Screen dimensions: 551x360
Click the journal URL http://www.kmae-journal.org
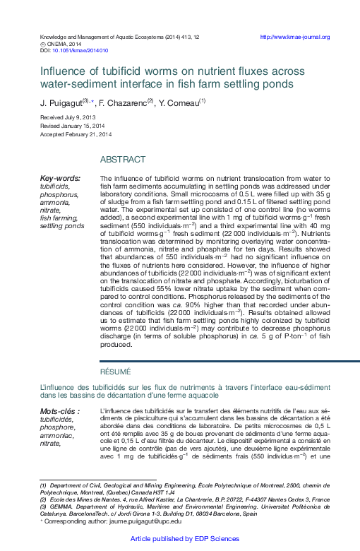[294, 37]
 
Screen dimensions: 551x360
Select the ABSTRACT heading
[123, 160]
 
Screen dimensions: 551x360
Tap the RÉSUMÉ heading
[115, 372]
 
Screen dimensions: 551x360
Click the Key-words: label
[60, 179]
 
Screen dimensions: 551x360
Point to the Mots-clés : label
[59, 411]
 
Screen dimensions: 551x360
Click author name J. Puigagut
[60, 102]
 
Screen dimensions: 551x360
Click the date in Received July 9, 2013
[79, 116]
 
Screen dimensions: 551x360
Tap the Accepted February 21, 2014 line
[76, 134]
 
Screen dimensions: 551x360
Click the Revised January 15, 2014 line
[73, 125]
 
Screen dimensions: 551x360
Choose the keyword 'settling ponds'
[61, 226]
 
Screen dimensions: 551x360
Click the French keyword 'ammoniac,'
[57, 435]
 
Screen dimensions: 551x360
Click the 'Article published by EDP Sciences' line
[180, 538]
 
